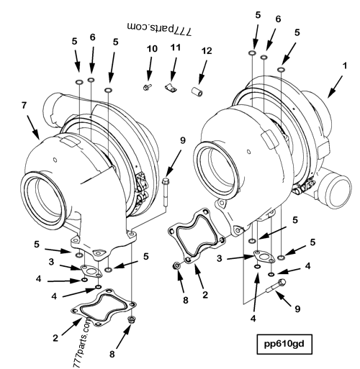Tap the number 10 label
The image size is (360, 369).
150,48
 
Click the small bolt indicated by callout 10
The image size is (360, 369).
146,86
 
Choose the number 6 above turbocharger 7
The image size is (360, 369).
92,37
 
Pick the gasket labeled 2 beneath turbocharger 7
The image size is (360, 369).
101,307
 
